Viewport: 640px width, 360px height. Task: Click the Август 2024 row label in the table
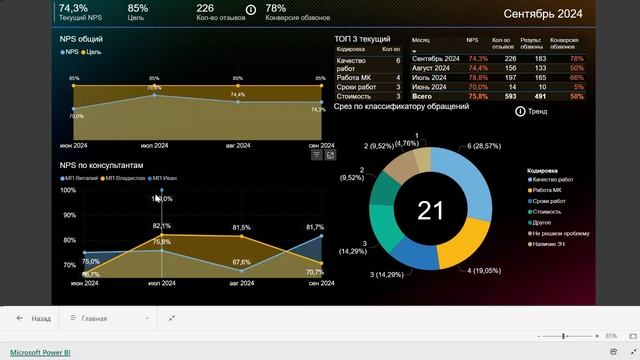tap(435, 68)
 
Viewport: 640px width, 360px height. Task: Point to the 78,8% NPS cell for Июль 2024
tap(477, 77)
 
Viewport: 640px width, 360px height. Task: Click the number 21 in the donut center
tap(430, 210)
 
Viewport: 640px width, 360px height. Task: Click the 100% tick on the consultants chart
tap(68, 190)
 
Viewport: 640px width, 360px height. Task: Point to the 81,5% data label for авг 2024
tap(241, 228)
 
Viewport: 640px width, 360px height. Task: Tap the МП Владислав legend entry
tap(124, 177)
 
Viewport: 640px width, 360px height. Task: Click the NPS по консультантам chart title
tap(102, 164)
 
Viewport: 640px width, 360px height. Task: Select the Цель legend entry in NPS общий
tap(93, 50)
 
